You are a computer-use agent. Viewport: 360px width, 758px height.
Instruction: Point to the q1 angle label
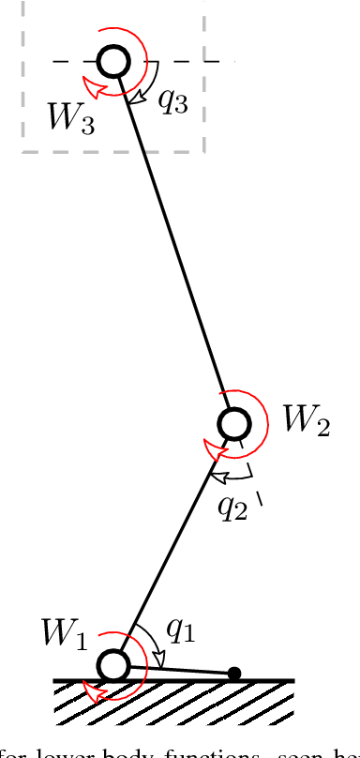pos(179,631)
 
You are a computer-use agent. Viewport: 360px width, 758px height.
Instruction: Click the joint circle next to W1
pos(112,665)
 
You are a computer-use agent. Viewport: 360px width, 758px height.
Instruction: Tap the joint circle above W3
pos(113,62)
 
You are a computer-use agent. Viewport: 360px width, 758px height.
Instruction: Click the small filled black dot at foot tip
pos(234,673)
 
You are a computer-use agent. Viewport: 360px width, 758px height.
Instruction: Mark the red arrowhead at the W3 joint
pos(90,87)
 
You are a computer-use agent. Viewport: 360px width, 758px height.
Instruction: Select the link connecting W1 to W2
pos(172,544)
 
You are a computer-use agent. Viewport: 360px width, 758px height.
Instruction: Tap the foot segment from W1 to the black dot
pos(178,669)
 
